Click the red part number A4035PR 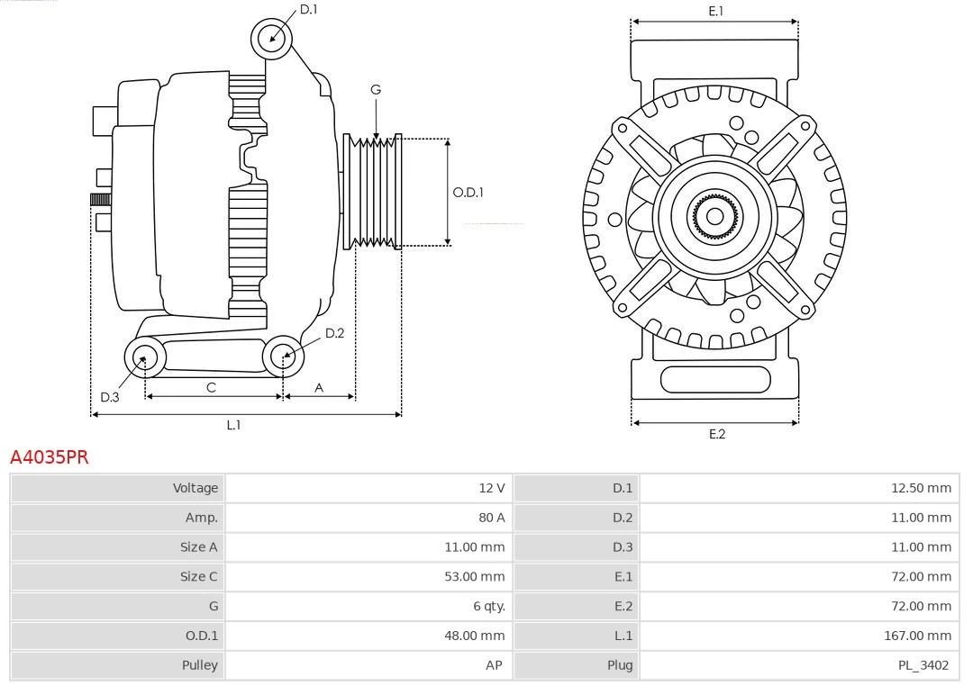[50, 457]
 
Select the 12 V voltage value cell [491, 488]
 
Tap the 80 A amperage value [492, 518]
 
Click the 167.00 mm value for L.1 [917, 636]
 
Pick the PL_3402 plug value [923, 665]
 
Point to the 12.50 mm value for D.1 [920, 488]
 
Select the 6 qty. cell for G [488, 606]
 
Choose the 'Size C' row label [198, 576]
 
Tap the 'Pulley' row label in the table [199, 665]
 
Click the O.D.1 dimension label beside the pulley [468, 192]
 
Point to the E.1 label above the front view [715, 11]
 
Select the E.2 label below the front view [716, 434]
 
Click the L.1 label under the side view [233, 425]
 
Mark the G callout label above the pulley [376, 89]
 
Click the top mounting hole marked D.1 [272, 38]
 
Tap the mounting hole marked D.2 [282, 357]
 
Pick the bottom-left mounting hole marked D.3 [143, 357]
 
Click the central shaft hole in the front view [714, 216]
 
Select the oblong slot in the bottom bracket [714, 379]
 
